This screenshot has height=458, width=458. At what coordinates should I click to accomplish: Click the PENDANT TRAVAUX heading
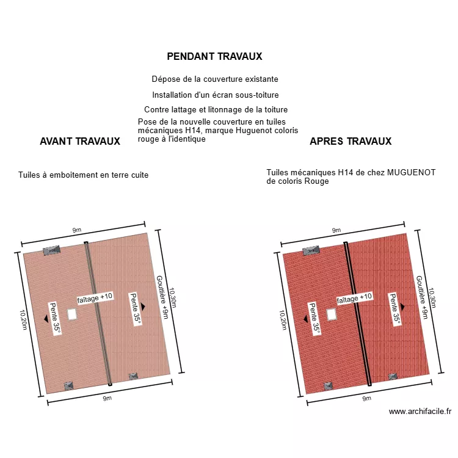click(214, 56)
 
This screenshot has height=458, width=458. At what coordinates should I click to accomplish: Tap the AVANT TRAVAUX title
click(80, 142)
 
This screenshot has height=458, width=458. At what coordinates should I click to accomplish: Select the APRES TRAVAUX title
click(351, 142)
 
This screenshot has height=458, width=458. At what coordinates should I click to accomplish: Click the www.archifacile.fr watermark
click(420, 411)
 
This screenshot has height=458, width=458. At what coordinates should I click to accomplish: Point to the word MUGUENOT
click(411, 173)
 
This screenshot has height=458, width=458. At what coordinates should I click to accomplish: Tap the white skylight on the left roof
click(72, 314)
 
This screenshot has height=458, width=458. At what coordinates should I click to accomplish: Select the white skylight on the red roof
click(331, 314)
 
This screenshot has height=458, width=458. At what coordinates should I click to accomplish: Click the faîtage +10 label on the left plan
click(95, 298)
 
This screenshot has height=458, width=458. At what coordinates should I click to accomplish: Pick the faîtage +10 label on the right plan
click(354, 298)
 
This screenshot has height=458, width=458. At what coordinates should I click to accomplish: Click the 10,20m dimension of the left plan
click(23, 320)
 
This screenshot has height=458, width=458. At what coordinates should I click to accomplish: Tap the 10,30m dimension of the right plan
click(432, 298)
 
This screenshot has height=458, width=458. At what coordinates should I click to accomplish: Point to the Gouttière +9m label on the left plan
click(162, 297)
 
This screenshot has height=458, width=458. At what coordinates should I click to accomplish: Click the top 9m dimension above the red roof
click(336, 230)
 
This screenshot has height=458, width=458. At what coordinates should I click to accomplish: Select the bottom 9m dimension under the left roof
click(107, 398)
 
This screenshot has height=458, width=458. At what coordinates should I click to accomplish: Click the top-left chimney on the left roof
click(52, 250)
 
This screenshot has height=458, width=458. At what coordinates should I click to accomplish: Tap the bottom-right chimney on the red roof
click(393, 377)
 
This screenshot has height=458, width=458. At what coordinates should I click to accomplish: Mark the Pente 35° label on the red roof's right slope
click(394, 309)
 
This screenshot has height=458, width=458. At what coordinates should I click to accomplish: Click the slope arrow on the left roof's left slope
click(46, 319)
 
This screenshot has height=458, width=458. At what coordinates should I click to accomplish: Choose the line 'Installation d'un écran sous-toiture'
click(216, 95)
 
